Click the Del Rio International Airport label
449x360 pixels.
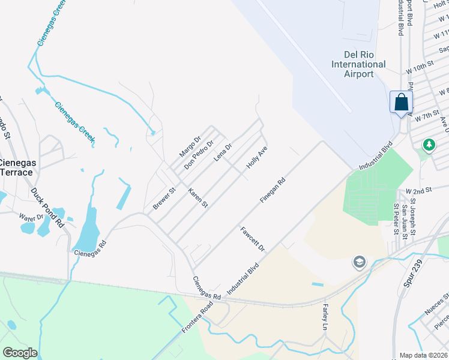click(x=358, y=64)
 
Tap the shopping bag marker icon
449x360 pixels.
click(x=400, y=102)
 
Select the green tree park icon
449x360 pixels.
click(x=429, y=145)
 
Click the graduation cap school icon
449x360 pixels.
click(x=359, y=262)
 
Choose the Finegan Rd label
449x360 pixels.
click(x=273, y=190)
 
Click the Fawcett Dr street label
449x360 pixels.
click(x=252, y=238)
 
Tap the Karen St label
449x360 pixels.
click(x=197, y=198)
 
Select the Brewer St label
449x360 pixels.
click(x=163, y=199)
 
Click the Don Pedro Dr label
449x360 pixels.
click(x=199, y=154)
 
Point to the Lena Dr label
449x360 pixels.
click(x=223, y=152)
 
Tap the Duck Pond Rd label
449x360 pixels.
click(x=47, y=208)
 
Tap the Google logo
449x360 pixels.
click(x=20, y=352)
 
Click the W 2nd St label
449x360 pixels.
click(x=419, y=190)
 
